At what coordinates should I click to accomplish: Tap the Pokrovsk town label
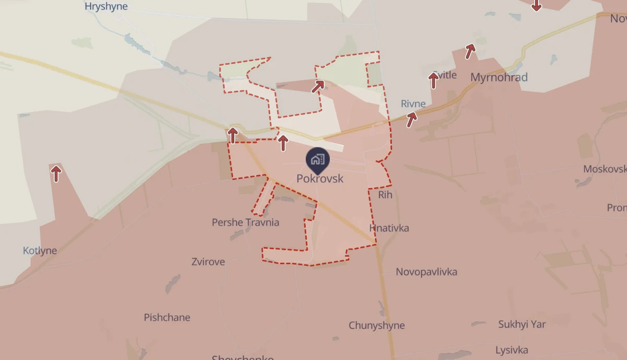tap(320, 179)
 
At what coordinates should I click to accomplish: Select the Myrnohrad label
tap(499, 77)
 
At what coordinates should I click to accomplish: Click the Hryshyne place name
tap(106, 7)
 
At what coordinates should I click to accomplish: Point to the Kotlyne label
tap(40, 251)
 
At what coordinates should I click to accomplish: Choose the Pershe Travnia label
tap(245, 223)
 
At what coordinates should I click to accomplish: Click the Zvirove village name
tap(208, 262)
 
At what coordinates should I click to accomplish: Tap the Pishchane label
tap(167, 318)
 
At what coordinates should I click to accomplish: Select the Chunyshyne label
tap(377, 326)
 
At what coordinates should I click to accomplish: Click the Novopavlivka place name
tap(426, 272)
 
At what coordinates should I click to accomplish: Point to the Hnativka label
tap(389, 228)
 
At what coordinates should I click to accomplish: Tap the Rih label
tap(385, 195)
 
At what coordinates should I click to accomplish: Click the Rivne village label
tap(413, 103)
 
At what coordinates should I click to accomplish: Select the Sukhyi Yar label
tap(521, 324)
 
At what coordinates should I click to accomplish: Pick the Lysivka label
tap(512, 350)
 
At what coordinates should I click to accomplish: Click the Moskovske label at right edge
tap(605, 169)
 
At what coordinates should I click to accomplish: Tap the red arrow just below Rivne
tap(412, 120)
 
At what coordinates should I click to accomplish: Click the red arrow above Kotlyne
tap(56, 173)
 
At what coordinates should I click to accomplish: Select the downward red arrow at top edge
tap(536, 5)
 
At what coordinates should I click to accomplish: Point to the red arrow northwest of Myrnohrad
tap(470, 51)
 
